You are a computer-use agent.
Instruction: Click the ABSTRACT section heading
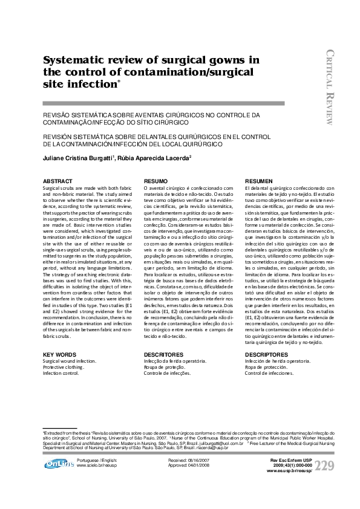(56, 181)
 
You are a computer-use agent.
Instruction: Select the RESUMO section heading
(155, 181)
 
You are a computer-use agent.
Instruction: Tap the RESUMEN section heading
(258, 181)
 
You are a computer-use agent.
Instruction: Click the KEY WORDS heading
(59, 354)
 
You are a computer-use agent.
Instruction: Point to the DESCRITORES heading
(162, 354)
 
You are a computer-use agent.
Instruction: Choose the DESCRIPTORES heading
(266, 354)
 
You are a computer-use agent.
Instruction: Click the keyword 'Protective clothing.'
(64, 367)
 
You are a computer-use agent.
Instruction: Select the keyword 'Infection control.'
(61, 373)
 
